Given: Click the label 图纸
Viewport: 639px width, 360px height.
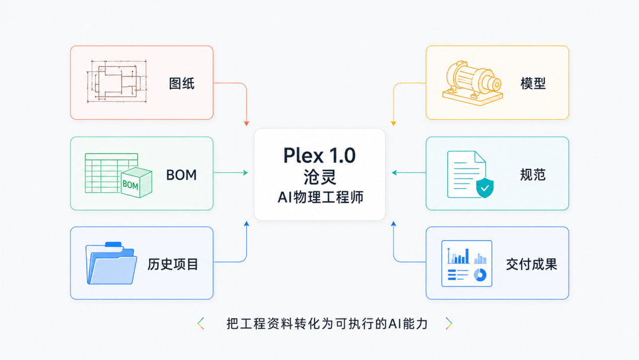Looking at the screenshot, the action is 182,83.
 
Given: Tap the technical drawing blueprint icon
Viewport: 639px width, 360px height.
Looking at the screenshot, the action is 117,82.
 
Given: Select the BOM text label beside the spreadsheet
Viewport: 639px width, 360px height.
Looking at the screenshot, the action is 182,175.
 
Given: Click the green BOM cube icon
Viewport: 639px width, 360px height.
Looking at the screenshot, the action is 136,182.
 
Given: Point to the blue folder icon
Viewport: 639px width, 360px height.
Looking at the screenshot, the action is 111,263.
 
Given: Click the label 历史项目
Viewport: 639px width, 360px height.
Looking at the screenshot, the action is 173,264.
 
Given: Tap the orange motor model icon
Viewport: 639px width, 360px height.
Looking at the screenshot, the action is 473,83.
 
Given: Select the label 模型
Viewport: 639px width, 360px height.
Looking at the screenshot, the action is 533,83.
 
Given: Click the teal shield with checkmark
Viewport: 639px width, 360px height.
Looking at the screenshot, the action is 485,188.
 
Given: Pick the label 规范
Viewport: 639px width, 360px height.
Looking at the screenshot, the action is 533,175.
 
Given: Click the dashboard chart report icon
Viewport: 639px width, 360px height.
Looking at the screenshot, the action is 467,263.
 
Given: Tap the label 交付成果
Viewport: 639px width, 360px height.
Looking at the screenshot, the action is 531,264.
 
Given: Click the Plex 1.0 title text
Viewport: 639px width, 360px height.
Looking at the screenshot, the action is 319,155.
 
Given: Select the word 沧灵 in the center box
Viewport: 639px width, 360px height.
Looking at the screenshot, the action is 320,178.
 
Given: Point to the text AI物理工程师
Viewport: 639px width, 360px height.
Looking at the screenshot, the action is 320,197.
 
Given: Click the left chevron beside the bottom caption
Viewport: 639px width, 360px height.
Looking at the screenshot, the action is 201,324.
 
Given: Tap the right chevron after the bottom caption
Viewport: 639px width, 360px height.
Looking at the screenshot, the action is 448,324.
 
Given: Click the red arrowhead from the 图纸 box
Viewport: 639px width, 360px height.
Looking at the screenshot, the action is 247,123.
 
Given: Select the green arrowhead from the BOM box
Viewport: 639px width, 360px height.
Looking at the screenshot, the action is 246,173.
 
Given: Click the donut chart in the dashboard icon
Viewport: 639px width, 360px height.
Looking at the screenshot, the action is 480,275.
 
